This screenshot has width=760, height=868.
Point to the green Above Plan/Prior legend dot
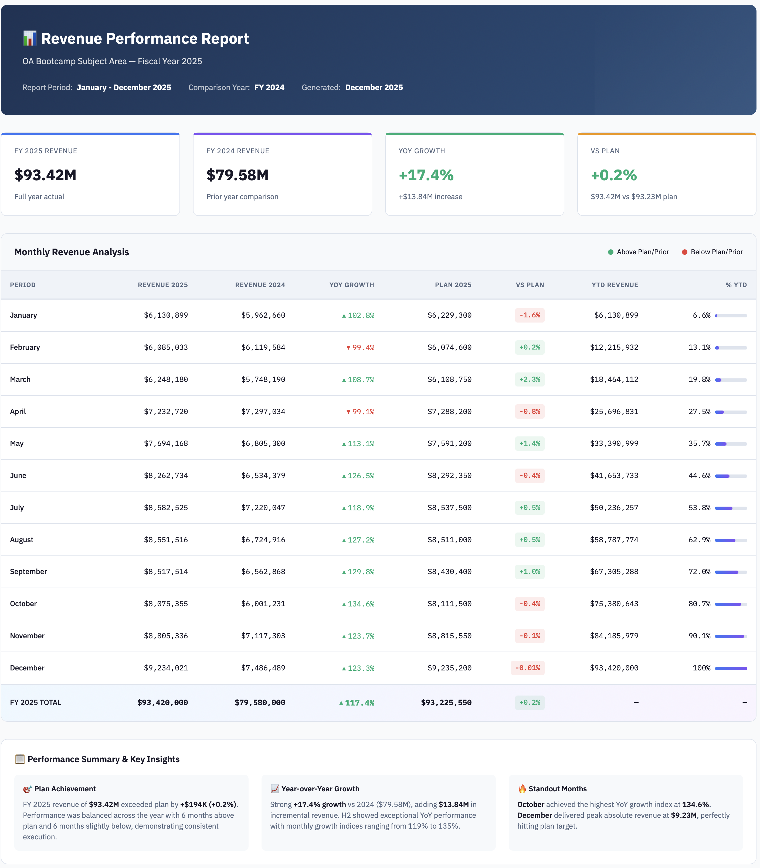[610, 252]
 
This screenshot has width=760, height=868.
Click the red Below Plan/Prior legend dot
[684, 252]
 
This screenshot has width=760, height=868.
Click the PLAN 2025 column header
[453, 285]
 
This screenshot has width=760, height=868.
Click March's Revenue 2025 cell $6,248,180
[166, 379]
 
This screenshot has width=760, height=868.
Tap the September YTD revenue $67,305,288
[614, 572]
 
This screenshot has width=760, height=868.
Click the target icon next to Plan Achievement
[27, 789]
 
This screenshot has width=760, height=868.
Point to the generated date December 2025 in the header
[374, 88]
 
